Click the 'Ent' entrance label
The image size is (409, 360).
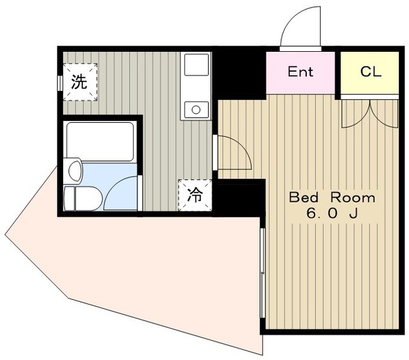coord(300,72)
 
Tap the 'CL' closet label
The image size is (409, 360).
coord(371,71)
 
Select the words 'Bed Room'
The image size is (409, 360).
coord(332,198)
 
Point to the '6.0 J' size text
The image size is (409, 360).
coord(332,214)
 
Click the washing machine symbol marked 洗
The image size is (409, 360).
coord(81,82)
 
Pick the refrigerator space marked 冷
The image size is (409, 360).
coord(195,195)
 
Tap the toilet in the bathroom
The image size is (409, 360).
coord(82,198)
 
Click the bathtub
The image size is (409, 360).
coord(100,141)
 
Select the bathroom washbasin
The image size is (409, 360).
coord(75,171)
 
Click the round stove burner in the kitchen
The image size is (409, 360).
coord(196,109)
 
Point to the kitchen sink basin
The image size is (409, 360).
coord(196,65)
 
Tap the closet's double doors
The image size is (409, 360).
coord(370,114)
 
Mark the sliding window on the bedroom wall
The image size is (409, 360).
coord(263,273)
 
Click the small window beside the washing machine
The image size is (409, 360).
coord(60,83)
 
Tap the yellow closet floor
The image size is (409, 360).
coord(369,73)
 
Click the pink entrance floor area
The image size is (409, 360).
coord(300,72)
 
